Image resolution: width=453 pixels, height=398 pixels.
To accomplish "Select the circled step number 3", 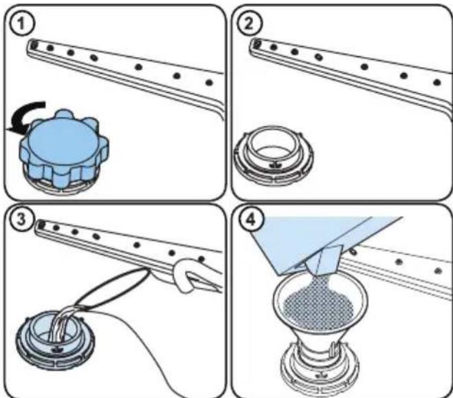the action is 21,220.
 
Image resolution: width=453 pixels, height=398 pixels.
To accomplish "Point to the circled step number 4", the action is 251,220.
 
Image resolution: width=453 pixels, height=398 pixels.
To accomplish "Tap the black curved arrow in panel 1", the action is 25,116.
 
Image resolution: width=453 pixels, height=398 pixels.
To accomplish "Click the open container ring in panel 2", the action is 274,154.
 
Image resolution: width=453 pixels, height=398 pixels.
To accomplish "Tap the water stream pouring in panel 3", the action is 62,324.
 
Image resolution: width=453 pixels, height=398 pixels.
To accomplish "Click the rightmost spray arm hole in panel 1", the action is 209,83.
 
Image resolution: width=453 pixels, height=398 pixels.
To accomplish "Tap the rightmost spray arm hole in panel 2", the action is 437,82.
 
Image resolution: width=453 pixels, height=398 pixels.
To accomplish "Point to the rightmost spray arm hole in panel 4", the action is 438,271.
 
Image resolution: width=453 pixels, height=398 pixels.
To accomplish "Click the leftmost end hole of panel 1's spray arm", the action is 34,44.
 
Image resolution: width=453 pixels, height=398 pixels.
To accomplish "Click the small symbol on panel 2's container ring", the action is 274,165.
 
